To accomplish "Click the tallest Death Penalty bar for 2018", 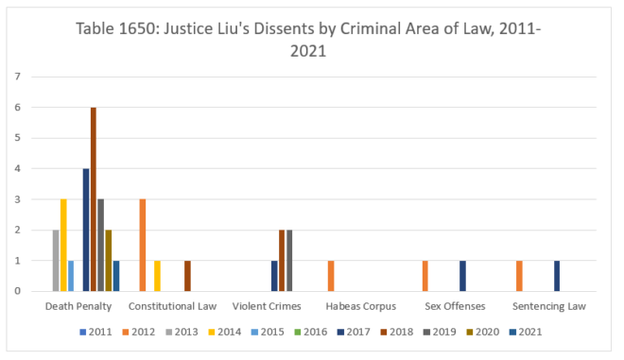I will click(x=94, y=199).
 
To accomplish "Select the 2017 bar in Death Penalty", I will click(x=86, y=230).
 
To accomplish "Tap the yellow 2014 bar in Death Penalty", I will click(x=63, y=245).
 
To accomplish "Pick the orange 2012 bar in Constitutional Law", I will click(x=143, y=245).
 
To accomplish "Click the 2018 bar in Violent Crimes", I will click(x=282, y=260).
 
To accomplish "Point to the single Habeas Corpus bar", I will click(x=331, y=276).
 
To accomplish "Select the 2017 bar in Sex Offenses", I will click(x=462, y=276).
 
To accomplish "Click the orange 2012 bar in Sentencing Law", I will click(x=519, y=276).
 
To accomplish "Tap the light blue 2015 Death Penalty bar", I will click(x=71, y=276).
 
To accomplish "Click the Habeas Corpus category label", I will click(x=360, y=306).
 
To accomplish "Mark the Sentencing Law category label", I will click(x=549, y=306).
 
